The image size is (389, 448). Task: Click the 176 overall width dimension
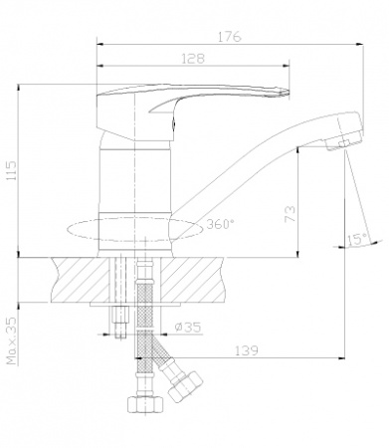(230, 36)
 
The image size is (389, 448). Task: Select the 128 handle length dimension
(193, 59)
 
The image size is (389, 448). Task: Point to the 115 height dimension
(12, 171)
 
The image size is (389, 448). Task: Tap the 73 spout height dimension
(290, 214)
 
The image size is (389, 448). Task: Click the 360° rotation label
(220, 224)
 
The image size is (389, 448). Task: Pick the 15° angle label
(357, 239)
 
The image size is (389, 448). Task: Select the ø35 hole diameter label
(188, 328)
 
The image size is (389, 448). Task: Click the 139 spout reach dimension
(246, 350)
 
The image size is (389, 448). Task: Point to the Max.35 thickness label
(12, 340)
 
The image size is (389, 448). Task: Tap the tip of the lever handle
(289, 93)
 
